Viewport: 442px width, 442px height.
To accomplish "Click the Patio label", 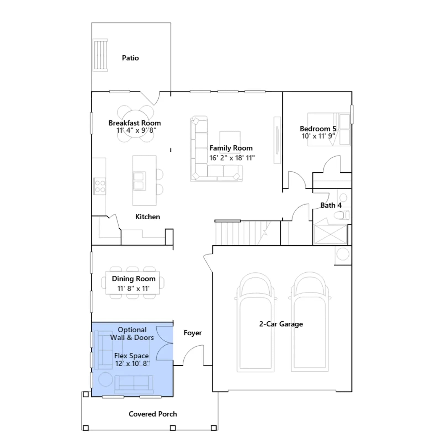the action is tap(130, 58).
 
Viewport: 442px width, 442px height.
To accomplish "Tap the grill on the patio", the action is tap(100, 55).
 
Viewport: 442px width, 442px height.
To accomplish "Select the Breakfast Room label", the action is tap(135, 123).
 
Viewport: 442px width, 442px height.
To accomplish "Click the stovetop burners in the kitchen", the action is tap(100, 186).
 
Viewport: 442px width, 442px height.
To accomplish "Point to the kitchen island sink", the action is tap(139, 181).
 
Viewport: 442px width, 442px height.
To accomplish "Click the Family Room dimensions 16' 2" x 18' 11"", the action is tap(232, 158).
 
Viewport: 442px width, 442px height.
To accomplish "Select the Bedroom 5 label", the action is tap(318, 129).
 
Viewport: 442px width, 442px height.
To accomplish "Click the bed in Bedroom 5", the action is tap(329, 129).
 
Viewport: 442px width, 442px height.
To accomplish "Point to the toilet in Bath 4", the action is tap(342, 215).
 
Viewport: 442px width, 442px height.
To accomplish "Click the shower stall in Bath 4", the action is tap(330, 234).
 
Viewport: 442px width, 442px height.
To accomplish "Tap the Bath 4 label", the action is tap(331, 205).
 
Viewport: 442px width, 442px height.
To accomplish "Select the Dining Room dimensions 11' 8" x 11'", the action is tap(133, 289).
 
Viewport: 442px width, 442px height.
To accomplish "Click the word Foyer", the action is tap(193, 333).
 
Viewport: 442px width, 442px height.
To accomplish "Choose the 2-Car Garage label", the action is tap(281, 324).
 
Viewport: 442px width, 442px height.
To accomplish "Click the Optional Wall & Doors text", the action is tap(132, 333).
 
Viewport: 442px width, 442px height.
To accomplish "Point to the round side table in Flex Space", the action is tap(106, 379).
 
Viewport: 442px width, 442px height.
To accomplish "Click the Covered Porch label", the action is tap(153, 414).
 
